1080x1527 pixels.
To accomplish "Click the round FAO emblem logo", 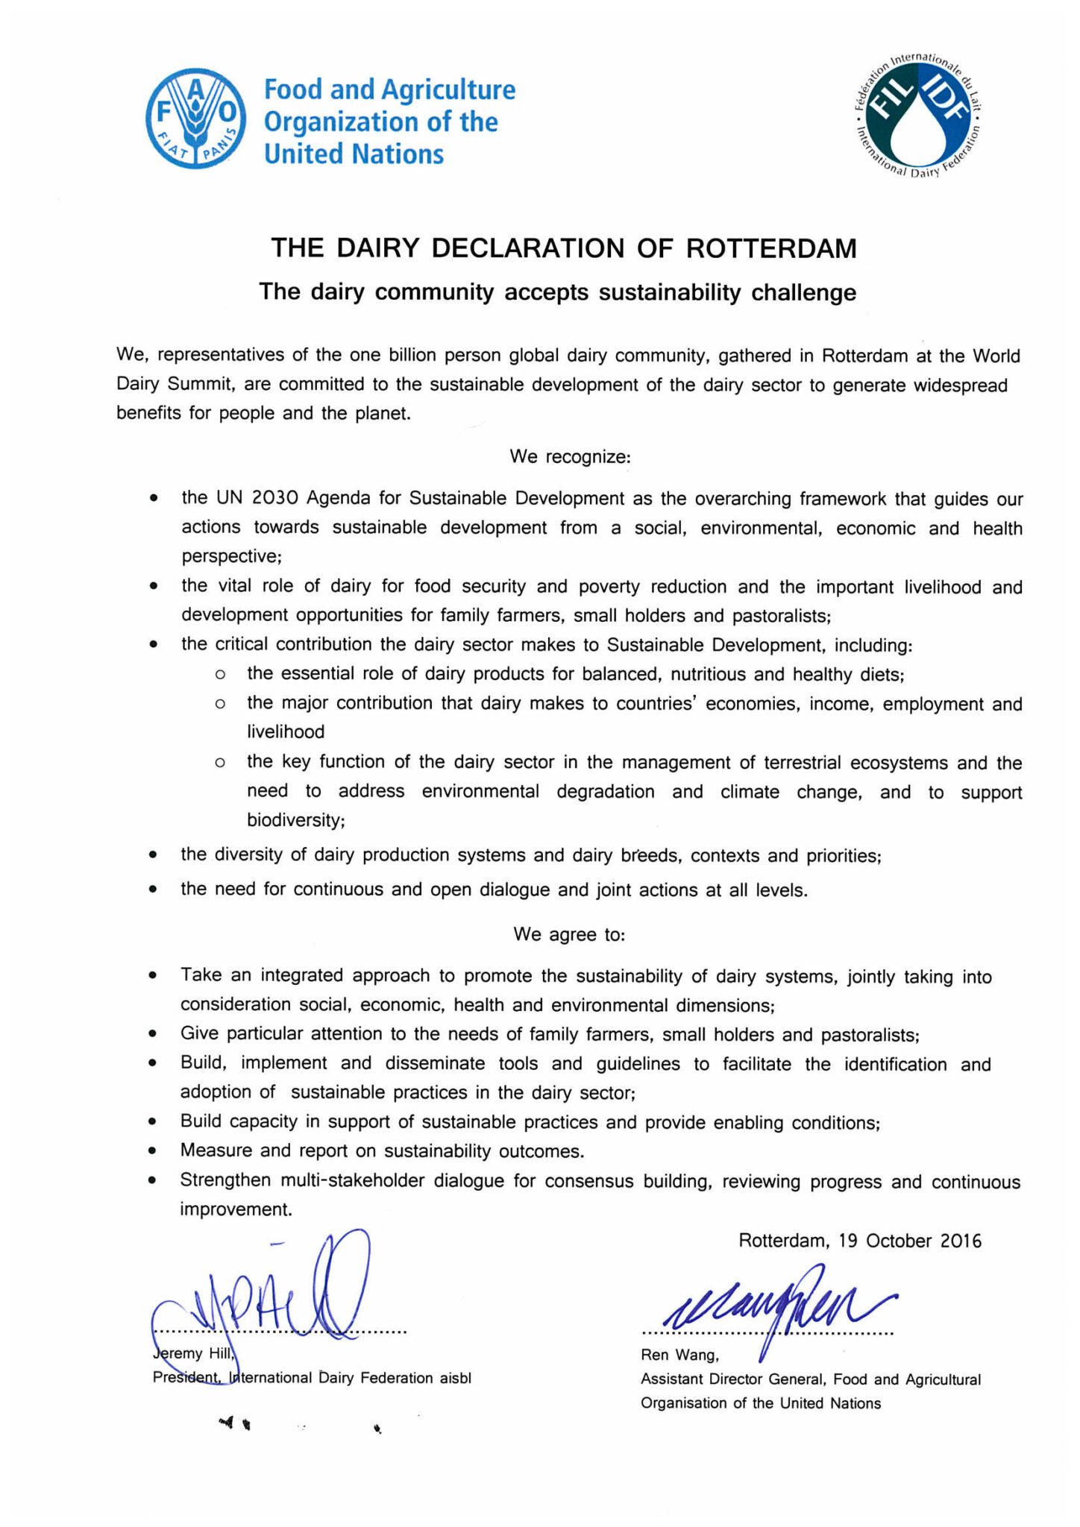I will (195, 119).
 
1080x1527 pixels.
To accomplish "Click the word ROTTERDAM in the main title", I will (771, 248).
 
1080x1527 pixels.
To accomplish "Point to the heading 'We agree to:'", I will (569, 934).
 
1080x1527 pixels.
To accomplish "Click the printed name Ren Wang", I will (679, 1355).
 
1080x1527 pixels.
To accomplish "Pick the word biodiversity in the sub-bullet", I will (295, 820).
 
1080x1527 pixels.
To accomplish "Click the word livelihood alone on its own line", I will (286, 732).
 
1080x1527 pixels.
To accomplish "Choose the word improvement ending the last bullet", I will (235, 1209).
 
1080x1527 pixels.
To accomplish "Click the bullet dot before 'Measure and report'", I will (152, 1151).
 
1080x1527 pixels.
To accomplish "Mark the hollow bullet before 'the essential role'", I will (219, 675).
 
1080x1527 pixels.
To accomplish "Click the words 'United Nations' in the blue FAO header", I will (354, 154).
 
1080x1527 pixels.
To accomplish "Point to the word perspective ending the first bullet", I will (230, 556).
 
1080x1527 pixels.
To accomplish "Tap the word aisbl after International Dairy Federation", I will (455, 1378).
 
